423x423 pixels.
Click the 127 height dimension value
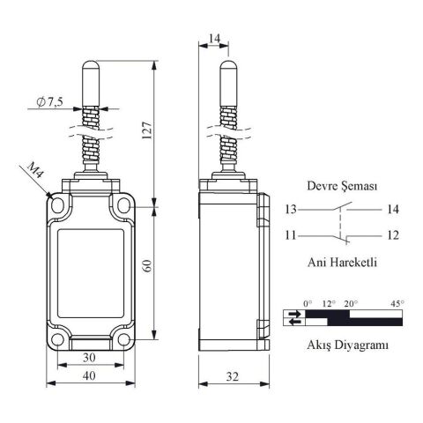[x=147, y=130]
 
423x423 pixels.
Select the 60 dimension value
[x=147, y=266]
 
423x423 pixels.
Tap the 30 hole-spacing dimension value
[x=89, y=357]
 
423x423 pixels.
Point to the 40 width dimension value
[x=89, y=375]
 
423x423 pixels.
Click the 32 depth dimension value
[x=233, y=376]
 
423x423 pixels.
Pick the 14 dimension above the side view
[x=214, y=38]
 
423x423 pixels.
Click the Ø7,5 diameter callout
[x=49, y=102]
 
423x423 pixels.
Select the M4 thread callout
[x=35, y=170]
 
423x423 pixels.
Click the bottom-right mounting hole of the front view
[x=123, y=339]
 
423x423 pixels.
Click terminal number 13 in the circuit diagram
[x=291, y=210]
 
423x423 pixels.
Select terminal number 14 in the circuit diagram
[x=393, y=210]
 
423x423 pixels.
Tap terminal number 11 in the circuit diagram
[x=291, y=235]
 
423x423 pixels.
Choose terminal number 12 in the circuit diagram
[x=393, y=235]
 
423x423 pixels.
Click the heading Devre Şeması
[x=342, y=186]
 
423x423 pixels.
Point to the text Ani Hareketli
[x=342, y=262]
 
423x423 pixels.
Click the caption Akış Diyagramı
[x=347, y=345]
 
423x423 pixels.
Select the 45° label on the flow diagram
[x=397, y=303]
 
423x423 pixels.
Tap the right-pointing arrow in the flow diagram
[x=294, y=314]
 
